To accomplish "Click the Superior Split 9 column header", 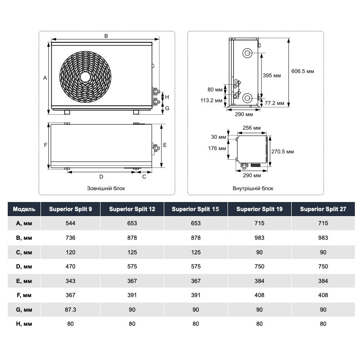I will click(x=71, y=209).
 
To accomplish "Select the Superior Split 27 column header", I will click(x=323, y=209).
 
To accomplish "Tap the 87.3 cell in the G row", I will click(x=71, y=310).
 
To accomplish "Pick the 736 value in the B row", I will click(x=71, y=238).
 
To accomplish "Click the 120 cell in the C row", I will click(x=71, y=252).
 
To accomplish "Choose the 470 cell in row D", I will click(x=71, y=267).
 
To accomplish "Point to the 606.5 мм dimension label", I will click(x=303, y=71).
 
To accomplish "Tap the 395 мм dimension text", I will click(x=272, y=75).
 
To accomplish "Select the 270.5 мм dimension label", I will click(x=283, y=151).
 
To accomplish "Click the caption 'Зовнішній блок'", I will click(x=106, y=188).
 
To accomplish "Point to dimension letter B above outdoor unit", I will click(x=106, y=35).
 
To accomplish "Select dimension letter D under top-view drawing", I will click(x=101, y=177).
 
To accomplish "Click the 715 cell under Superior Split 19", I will click(x=260, y=223).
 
